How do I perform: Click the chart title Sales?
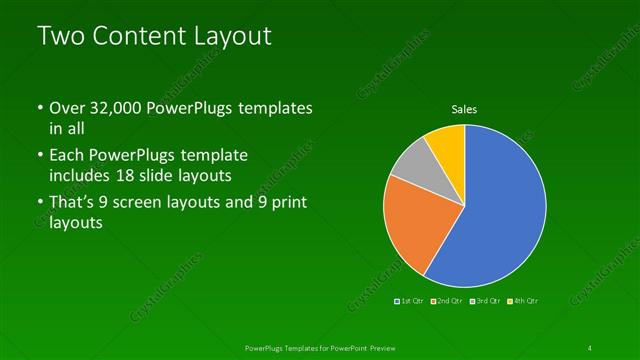click(464, 109)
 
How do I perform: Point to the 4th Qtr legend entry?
click(523, 300)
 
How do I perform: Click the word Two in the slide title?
click(60, 37)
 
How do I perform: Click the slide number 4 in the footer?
click(590, 347)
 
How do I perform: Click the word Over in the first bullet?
click(66, 108)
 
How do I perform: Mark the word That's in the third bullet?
click(74, 204)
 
